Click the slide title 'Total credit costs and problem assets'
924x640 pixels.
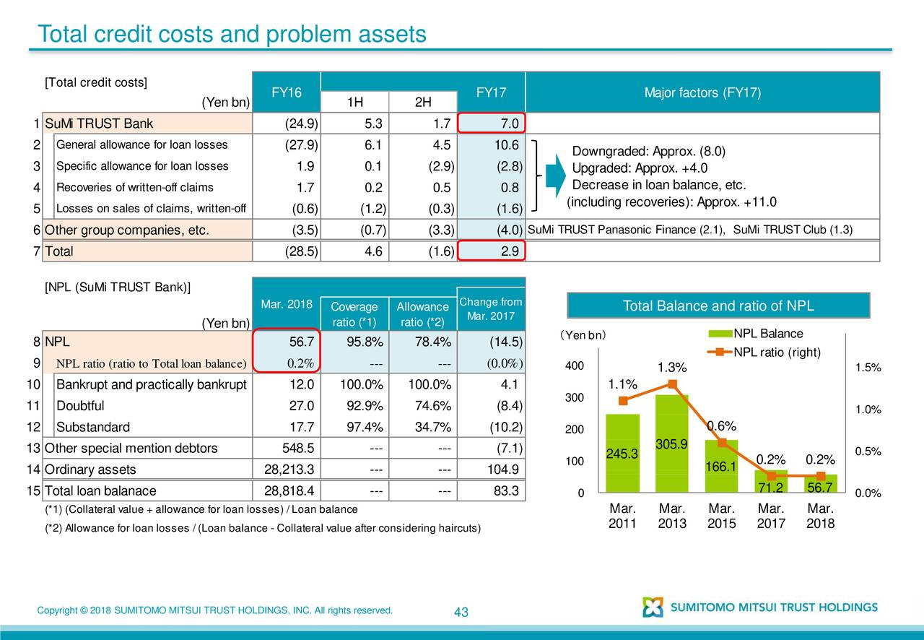(x=232, y=34)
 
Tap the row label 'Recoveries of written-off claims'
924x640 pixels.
(x=134, y=188)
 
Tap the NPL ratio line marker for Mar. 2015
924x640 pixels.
(x=722, y=443)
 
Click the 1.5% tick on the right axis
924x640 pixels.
(x=866, y=368)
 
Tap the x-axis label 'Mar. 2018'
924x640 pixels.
(x=821, y=516)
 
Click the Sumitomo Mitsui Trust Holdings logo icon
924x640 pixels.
(x=653, y=607)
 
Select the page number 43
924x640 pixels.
(x=461, y=613)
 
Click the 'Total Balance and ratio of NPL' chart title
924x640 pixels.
(x=718, y=306)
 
